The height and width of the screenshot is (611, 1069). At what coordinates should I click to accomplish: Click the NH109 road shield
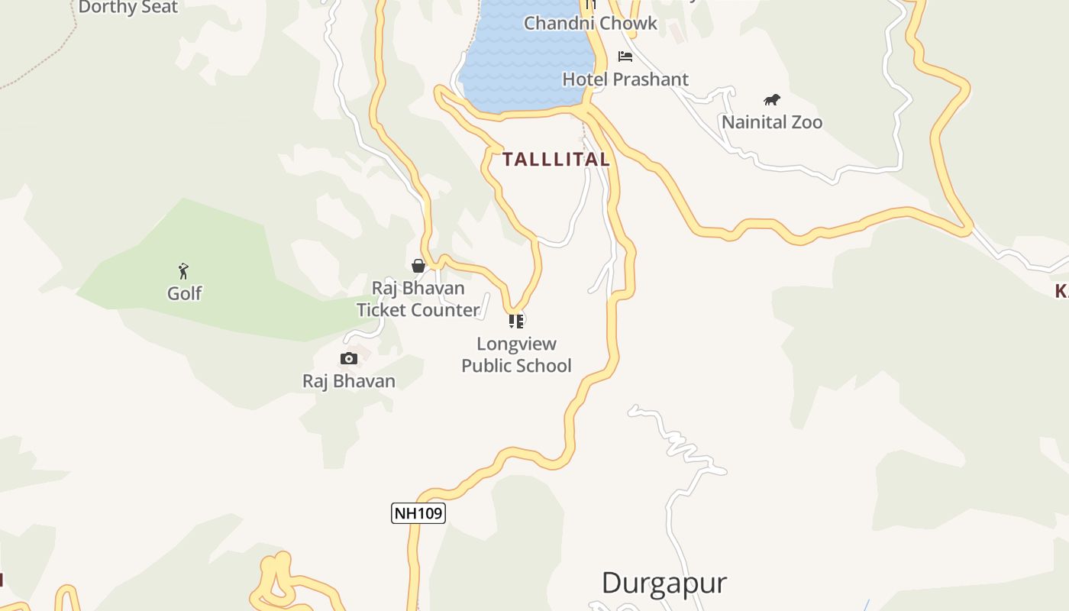coord(418,512)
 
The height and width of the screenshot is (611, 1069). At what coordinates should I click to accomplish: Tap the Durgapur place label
coord(664,583)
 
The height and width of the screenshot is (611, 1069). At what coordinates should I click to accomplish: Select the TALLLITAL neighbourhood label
coord(556,160)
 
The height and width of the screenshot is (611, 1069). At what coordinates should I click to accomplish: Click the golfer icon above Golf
coord(183,270)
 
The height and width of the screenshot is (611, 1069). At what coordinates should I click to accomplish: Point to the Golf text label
coord(185,293)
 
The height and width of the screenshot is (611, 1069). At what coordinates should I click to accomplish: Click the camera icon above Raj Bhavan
coord(349,358)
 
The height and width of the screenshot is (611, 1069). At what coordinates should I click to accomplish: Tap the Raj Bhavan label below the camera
coord(349,381)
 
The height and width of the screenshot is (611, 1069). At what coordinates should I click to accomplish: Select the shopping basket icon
coord(418,266)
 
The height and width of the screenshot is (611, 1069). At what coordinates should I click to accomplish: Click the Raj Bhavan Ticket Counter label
coord(418,299)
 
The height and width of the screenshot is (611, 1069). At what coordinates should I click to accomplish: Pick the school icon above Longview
coord(517,321)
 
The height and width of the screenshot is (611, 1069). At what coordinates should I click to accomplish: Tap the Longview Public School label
coord(517,354)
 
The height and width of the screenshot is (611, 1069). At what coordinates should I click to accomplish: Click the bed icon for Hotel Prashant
coord(625,57)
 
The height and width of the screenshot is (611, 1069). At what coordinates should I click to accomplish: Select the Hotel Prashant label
coord(625,79)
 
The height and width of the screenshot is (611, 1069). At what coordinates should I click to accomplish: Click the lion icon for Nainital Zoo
coord(772,100)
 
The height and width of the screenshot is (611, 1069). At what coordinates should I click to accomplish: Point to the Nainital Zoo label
coord(772,122)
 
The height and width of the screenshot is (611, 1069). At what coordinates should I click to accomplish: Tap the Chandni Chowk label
coord(590,23)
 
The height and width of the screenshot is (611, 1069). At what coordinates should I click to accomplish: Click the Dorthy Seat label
coord(128,8)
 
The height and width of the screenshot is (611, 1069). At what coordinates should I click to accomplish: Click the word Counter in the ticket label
coord(446,310)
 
